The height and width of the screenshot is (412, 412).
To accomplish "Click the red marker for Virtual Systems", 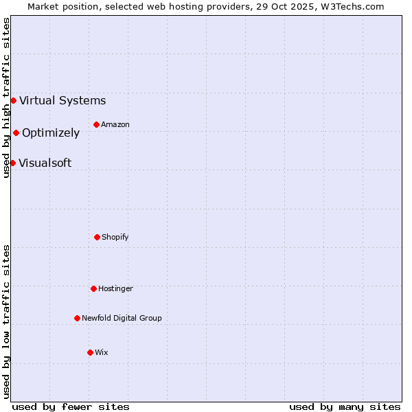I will pyautogui.click(x=13, y=100).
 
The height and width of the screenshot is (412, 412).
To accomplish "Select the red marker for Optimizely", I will pyautogui.click(x=16, y=133).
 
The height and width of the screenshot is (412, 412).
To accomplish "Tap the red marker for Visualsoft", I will pyautogui.click(x=12, y=163).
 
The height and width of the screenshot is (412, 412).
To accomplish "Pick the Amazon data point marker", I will pyautogui.click(x=96, y=124).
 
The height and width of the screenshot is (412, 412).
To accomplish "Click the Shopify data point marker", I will pyautogui.click(x=97, y=237).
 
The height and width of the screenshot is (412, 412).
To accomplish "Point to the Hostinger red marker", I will pyautogui.click(x=93, y=288).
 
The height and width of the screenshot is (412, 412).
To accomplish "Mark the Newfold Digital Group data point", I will pyautogui.click(x=77, y=318).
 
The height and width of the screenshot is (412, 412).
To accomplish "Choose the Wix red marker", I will pyautogui.click(x=90, y=352).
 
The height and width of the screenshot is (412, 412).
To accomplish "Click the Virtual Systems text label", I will pyautogui.click(x=62, y=100).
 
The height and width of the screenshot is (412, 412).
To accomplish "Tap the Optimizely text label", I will pyautogui.click(x=51, y=133).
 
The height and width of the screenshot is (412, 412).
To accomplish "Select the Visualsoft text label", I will pyautogui.click(x=45, y=163).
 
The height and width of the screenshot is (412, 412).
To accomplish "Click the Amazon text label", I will pyautogui.click(x=115, y=124).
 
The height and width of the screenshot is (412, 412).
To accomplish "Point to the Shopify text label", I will pyautogui.click(x=115, y=237).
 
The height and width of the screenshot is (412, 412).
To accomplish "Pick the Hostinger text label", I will pyautogui.click(x=115, y=288).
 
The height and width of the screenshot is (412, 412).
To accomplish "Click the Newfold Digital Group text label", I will pyautogui.click(x=122, y=318).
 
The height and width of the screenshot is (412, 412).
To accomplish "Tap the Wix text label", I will pyautogui.click(x=102, y=352).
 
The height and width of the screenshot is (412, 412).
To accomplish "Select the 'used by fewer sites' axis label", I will pyautogui.click(x=71, y=407).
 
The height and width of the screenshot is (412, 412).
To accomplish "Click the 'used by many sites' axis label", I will pyautogui.click(x=345, y=407).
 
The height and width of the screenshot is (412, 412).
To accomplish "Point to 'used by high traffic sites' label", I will pyautogui.click(x=6, y=98).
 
